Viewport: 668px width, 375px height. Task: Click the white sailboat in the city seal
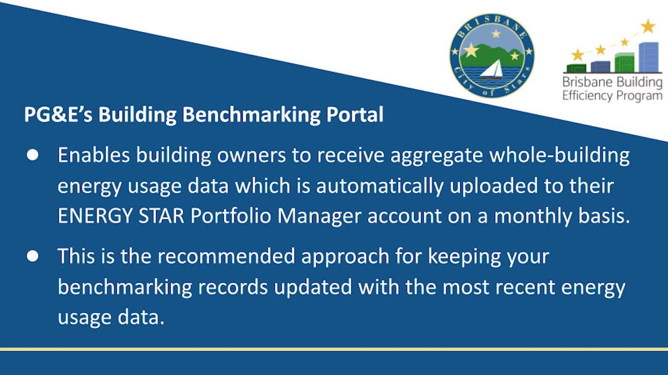point(492,70)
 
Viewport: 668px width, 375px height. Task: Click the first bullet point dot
point(32,155)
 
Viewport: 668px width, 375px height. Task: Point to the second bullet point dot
point(32,256)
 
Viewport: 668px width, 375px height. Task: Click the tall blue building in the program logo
point(649,57)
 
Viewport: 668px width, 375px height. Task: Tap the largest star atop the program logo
point(648,26)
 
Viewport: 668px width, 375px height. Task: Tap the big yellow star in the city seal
point(471,50)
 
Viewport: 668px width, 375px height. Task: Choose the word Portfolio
point(231,216)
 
